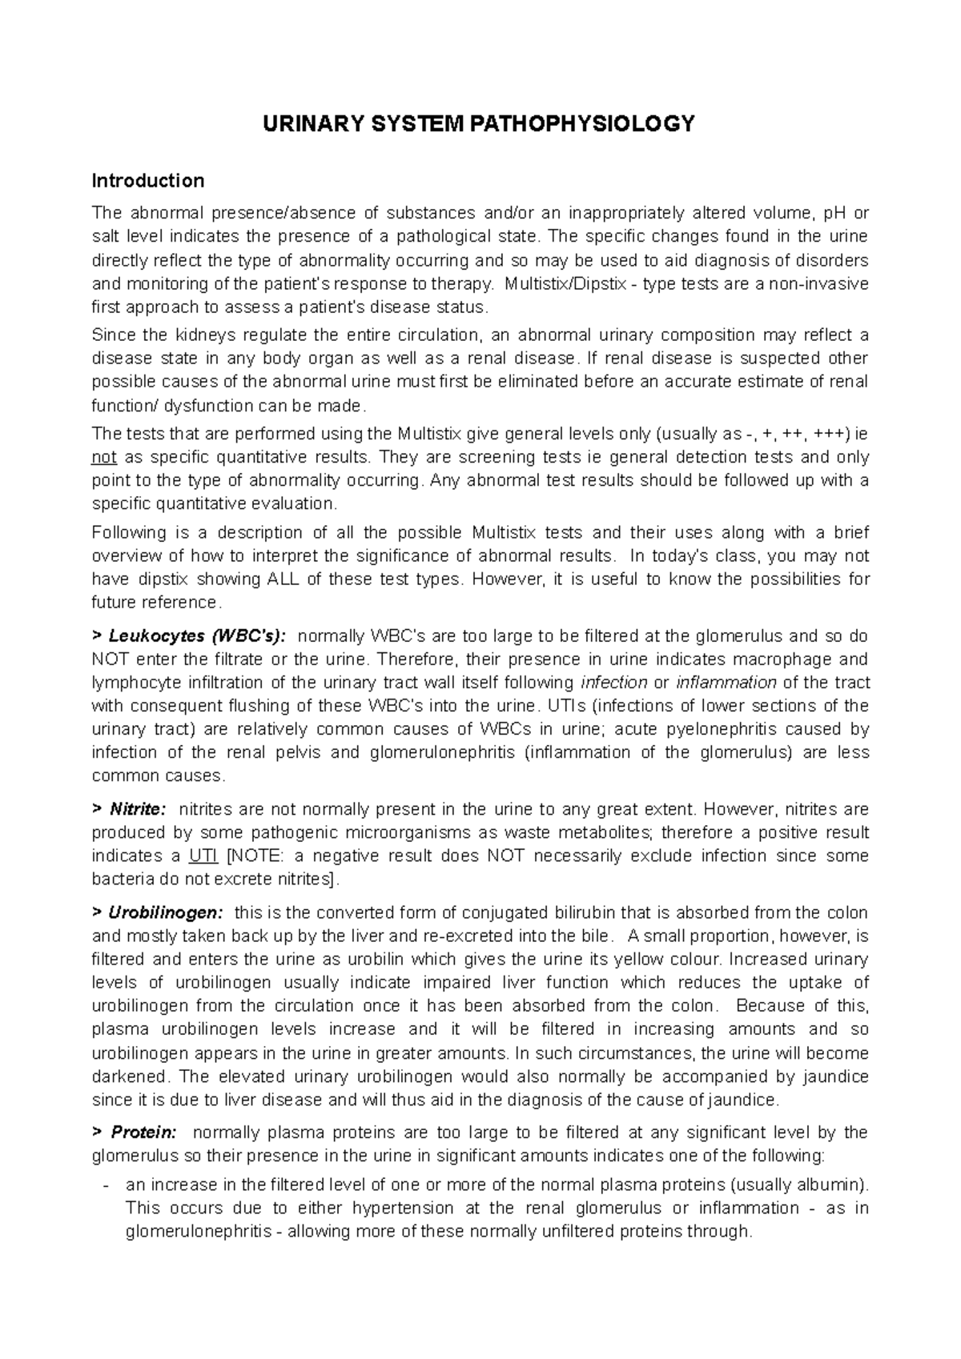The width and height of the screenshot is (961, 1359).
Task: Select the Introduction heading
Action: [x=148, y=181]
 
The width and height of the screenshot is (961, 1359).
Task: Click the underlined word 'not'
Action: [x=104, y=458]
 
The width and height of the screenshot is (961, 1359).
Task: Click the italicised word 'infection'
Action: [x=613, y=683]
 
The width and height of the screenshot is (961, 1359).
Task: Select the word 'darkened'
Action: [x=131, y=1076]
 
